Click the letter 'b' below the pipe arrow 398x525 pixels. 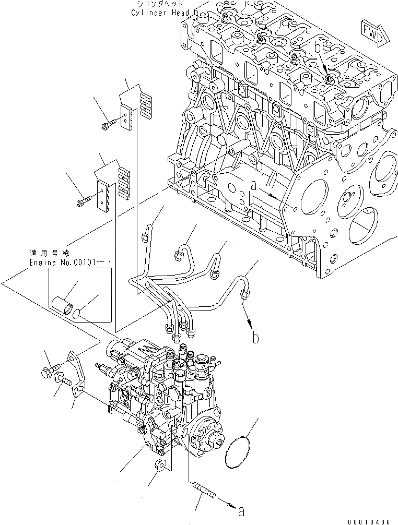(x=255, y=338)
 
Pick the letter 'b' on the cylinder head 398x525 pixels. (x=317, y=47)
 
